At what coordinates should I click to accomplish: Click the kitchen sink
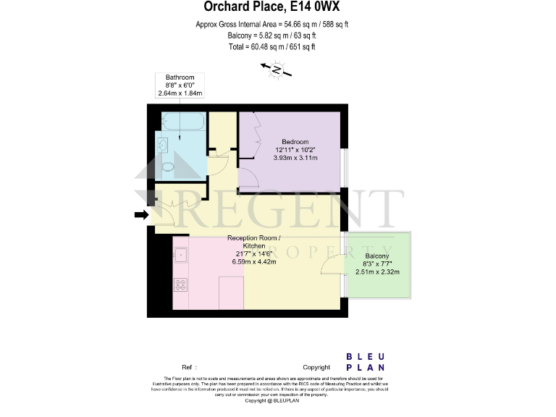(180, 254)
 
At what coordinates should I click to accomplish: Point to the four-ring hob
(180, 284)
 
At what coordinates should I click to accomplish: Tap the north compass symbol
(276, 69)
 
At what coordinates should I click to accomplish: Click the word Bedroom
(295, 141)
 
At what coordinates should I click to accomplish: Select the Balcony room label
(377, 256)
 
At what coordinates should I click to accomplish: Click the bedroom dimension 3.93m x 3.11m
(295, 157)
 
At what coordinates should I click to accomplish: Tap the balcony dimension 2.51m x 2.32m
(377, 272)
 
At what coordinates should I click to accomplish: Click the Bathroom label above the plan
(180, 77)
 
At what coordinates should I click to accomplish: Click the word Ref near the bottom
(187, 368)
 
